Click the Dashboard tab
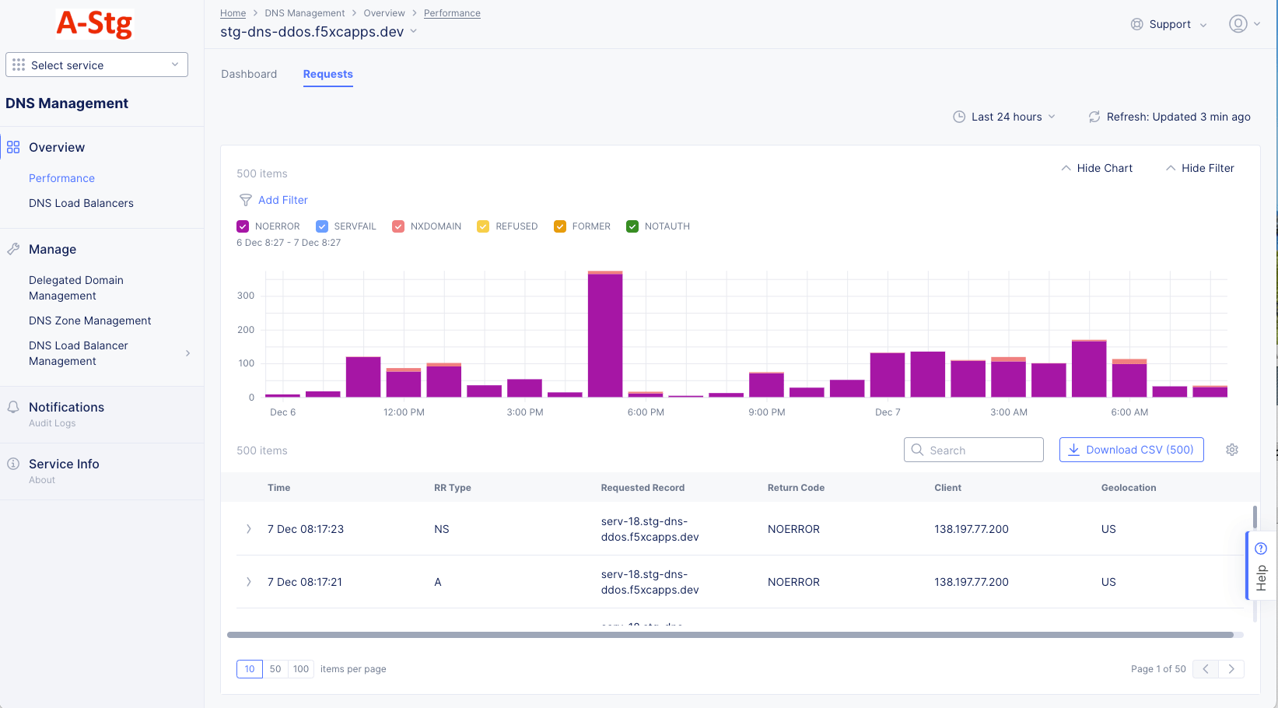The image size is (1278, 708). tap(249, 74)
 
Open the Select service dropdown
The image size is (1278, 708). tap(96, 65)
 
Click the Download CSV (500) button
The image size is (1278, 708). tap(1131, 450)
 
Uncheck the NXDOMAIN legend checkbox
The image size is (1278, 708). tap(398, 226)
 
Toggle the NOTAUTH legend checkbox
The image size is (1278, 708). tap(632, 226)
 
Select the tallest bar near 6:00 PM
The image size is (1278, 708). tap(605, 335)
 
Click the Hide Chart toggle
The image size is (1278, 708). tap(1097, 168)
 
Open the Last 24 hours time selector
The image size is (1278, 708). tap(1005, 117)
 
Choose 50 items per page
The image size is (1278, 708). tap(275, 669)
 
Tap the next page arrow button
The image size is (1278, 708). tap(1231, 669)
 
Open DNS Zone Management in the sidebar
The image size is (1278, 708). tap(90, 321)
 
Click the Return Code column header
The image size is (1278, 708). tap(796, 488)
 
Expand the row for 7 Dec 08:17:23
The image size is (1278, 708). tap(249, 529)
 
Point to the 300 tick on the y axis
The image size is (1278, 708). tap(246, 296)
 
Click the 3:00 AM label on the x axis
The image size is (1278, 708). tap(1009, 412)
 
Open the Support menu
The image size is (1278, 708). tap(1169, 24)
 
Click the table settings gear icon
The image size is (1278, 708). tap(1232, 450)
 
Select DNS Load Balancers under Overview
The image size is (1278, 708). tap(81, 203)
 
